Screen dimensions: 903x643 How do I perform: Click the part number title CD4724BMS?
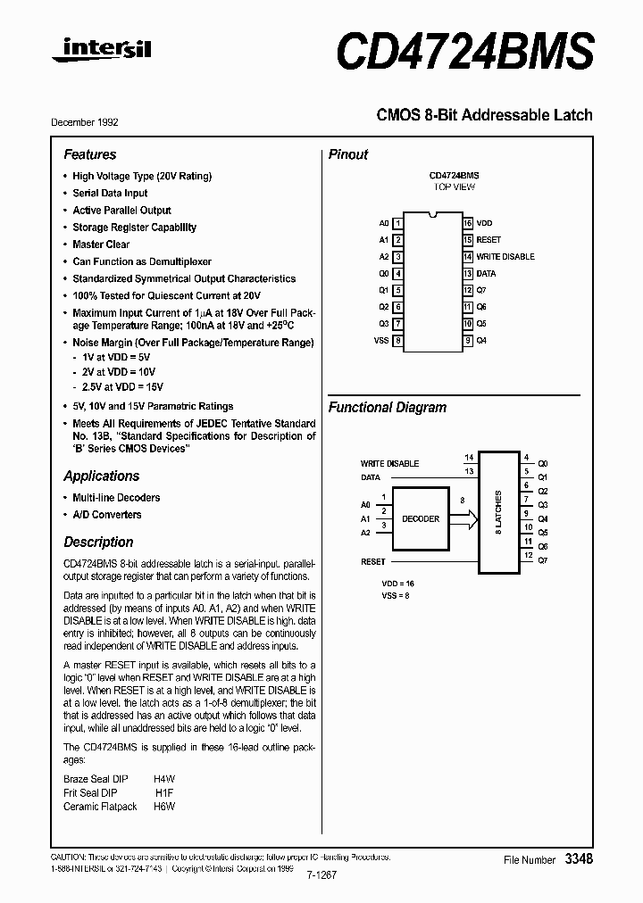(x=464, y=50)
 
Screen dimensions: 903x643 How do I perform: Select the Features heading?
(x=89, y=154)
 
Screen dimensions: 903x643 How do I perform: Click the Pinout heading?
(x=348, y=154)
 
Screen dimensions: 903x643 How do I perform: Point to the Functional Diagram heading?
(x=388, y=407)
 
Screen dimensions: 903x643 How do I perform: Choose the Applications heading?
(x=102, y=476)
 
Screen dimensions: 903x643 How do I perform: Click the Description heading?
(x=98, y=542)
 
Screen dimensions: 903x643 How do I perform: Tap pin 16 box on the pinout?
(x=467, y=223)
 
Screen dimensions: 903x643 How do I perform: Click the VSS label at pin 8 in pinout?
(x=381, y=341)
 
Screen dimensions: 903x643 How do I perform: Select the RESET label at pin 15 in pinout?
(x=489, y=240)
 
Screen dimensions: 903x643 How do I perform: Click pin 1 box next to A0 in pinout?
(x=398, y=223)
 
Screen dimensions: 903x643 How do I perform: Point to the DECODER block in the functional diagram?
(x=421, y=518)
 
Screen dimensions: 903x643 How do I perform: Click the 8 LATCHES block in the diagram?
(x=499, y=512)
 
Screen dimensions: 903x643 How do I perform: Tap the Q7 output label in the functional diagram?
(x=543, y=559)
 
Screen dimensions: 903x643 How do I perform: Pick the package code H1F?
(x=163, y=792)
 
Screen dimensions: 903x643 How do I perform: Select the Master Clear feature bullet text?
(x=101, y=244)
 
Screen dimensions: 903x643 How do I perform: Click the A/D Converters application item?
(x=106, y=515)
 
